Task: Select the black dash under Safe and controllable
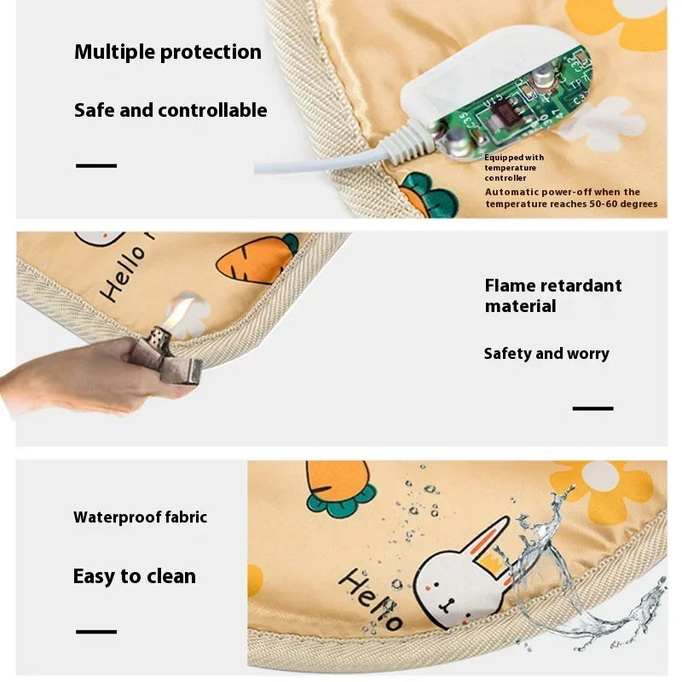click(x=95, y=165)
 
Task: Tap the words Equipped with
click(x=514, y=158)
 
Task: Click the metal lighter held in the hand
click(x=175, y=354)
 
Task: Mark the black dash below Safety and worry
click(x=592, y=408)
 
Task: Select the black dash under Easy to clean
click(x=95, y=632)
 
